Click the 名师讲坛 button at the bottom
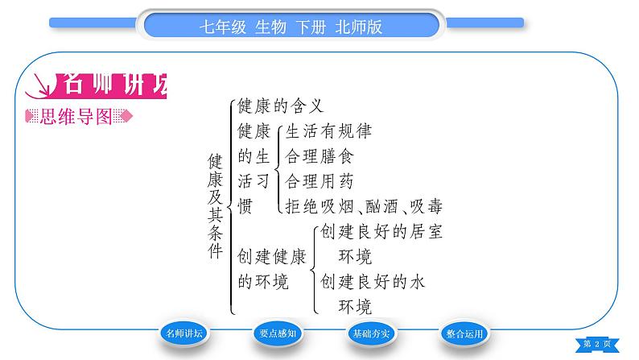tap(183, 333)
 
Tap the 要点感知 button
tap(278, 333)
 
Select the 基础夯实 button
tap(371, 333)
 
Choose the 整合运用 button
tap(464, 333)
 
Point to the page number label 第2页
tap(597, 344)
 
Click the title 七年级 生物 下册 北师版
tap(291, 27)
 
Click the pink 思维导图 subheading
tap(76, 117)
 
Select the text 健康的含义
tap(280, 106)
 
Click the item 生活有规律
tap(328, 131)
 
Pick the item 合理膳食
tap(319, 156)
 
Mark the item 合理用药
tap(319, 181)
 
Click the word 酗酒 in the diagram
tap(381, 206)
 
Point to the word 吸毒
tap(427, 206)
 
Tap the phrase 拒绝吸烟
tap(319, 206)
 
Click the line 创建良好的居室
tap(381, 232)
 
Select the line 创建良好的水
tap(373, 282)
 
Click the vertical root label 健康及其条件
tap(215, 206)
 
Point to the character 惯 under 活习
tap(245, 206)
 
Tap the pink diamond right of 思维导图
tap(126, 116)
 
